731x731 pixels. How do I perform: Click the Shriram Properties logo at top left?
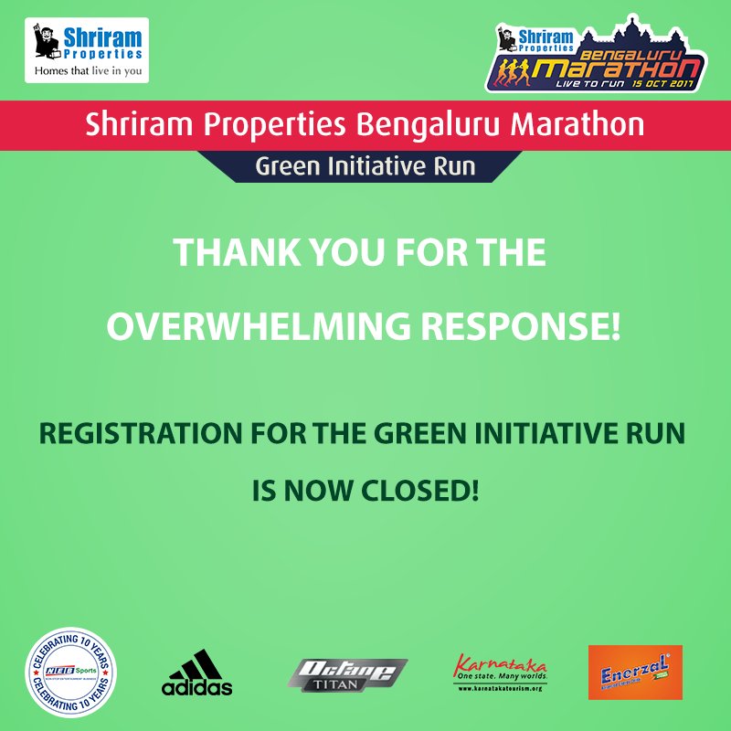click(87, 49)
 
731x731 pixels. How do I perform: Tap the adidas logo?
click(196, 674)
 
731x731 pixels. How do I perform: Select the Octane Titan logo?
click(347, 674)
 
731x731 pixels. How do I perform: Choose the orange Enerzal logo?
click(634, 673)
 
